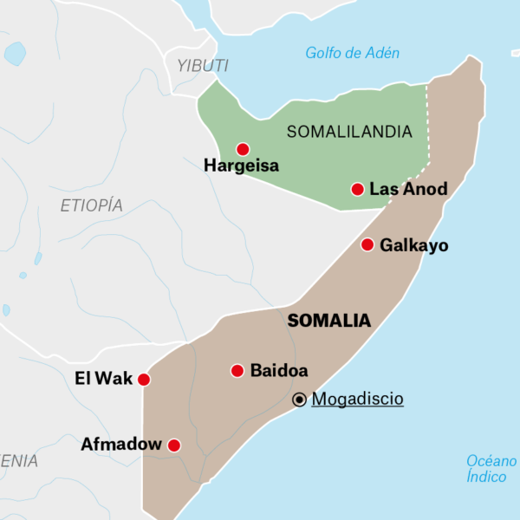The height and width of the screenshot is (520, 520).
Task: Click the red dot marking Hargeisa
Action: (x=243, y=149)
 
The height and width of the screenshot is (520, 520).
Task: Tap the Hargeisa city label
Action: (x=241, y=166)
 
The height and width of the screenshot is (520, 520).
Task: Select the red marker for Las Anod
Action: (x=357, y=189)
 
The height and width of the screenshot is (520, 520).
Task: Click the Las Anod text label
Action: (x=408, y=189)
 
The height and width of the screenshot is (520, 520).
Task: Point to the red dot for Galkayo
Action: (x=367, y=245)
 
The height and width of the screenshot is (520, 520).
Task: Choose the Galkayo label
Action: (x=414, y=245)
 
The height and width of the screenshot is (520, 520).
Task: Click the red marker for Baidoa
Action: (x=237, y=371)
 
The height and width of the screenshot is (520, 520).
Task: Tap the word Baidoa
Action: (x=279, y=371)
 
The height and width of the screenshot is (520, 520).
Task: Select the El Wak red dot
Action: (x=144, y=380)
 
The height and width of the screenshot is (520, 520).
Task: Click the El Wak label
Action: (x=104, y=379)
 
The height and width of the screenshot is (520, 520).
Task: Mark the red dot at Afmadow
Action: (x=173, y=445)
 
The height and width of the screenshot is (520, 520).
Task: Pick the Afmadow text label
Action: (x=121, y=445)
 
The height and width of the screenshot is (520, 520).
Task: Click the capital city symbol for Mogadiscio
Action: (x=299, y=400)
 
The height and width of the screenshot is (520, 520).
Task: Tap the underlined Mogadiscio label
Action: (x=357, y=399)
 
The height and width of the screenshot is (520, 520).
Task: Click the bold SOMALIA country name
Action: (x=328, y=321)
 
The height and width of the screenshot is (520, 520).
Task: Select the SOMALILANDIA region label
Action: (x=349, y=132)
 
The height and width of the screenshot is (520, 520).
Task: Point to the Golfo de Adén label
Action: (x=353, y=53)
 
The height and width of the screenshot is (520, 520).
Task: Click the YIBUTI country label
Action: (x=203, y=66)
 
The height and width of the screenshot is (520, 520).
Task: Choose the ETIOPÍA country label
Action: (x=91, y=205)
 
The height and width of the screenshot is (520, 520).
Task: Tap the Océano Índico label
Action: (x=491, y=469)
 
